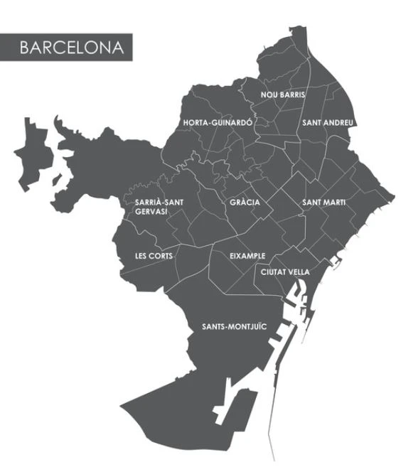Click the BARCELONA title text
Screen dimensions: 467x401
click(x=71, y=48)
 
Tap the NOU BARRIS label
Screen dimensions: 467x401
click(x=283, y=95)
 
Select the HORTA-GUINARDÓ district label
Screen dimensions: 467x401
click(x=218, y=123)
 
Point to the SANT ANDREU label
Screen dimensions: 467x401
click(x=328, y=123)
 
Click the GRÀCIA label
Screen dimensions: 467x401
click(x=245, y=203)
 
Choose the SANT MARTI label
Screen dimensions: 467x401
click(x=324, y=203)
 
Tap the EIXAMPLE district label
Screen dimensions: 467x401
click(x=247, y=255)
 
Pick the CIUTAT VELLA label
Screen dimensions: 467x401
click(x=285, y=272)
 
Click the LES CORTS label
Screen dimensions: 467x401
click(x=154, y=256)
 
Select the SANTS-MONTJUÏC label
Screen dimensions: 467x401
click(x=234, y=327)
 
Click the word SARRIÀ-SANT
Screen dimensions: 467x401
click(x=159, y=203)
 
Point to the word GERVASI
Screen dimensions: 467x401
click(x=152, y=212)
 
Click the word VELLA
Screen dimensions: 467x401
click(x=298, y=272)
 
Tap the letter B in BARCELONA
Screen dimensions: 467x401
click(x=24, y=48)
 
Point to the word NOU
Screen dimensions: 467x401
click(x=268, y=95)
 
